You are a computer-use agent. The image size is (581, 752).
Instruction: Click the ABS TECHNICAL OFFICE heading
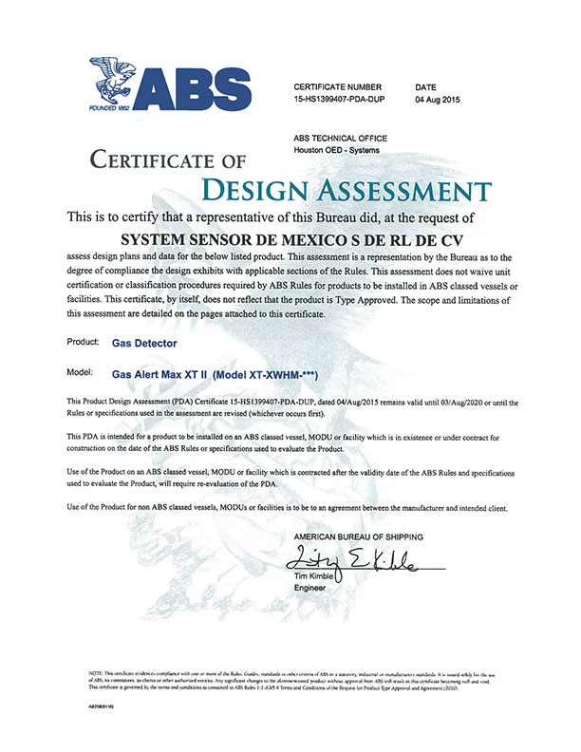click(340, 138)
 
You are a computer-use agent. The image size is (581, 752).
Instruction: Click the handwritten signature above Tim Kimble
click(361, 557)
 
